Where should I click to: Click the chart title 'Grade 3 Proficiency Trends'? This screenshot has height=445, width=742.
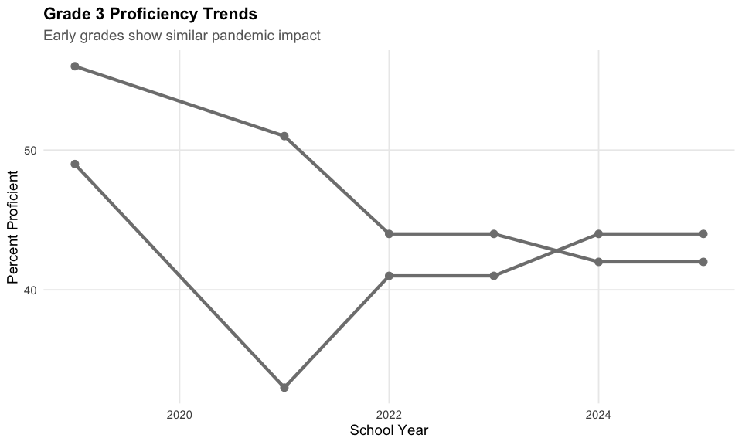(x=150, y=14)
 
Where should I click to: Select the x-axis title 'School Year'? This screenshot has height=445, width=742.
(x=389, y=430)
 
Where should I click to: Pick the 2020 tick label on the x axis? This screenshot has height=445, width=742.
(x=179, y=415)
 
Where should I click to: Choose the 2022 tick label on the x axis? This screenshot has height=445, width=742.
(x=389, y=415)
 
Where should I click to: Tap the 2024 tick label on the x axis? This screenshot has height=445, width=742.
(x=598, y=415)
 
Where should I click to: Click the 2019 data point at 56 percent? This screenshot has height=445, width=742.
(x=75, y=66)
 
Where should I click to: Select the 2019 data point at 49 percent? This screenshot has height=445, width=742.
(x=75, y=164)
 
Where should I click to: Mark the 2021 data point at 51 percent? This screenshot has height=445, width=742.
(x=284, y=136)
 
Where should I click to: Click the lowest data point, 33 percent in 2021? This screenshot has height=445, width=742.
(x=284, y=387)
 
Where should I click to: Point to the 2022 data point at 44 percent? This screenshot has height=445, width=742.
(x=389, y=233)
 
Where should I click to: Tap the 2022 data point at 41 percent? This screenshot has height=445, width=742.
(x=389, y=276)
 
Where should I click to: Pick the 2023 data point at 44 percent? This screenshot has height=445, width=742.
(x=494, y=233)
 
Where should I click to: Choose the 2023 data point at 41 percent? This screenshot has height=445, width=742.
(x=494, y=276)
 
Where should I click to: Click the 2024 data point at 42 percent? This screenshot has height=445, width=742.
(x=598, y=262)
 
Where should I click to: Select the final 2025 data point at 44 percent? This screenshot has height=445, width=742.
(x=703, y=233)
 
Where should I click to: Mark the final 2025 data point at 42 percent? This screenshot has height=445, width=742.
(x=703, y=262)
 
